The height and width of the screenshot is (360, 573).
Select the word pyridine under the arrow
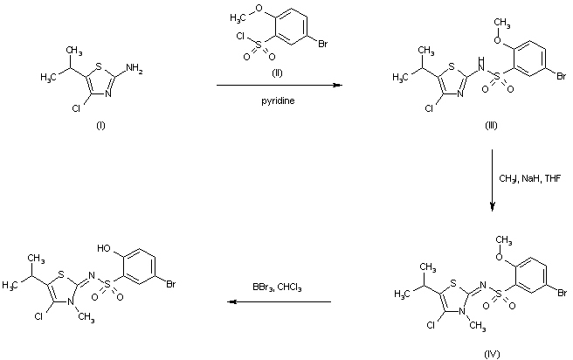[278, 100]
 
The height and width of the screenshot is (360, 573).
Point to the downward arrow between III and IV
[494, 180]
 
